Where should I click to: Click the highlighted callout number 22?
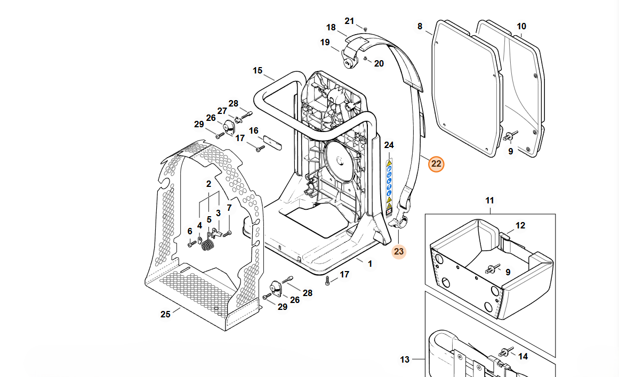pos(436,164)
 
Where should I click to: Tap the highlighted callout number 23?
pos(399,251)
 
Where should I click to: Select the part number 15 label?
pos(258,71)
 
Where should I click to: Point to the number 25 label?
pos(165,314)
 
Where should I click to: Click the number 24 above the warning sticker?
pos(389,145)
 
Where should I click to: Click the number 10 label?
pos(521,26)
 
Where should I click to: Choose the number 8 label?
pos(420,26)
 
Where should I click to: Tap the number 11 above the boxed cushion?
pos(489,200)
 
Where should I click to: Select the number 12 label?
pos(520,225)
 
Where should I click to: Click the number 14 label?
pos(523,356)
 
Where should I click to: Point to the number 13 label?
pos(405,359)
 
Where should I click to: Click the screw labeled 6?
pos(192,243)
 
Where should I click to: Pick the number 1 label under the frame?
pos(370,264)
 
